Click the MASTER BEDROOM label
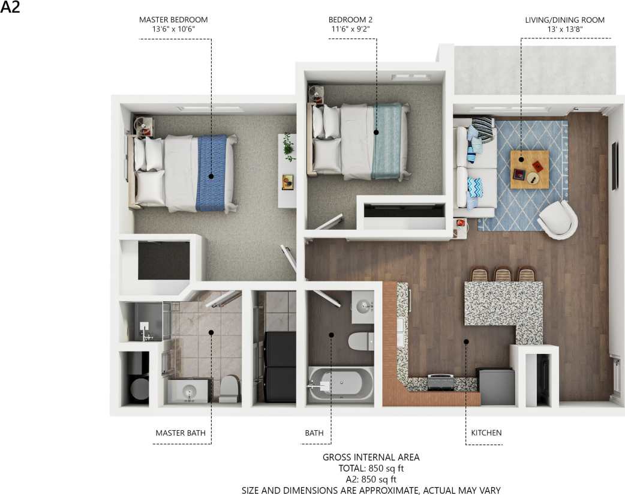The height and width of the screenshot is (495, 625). [x=173, y=20]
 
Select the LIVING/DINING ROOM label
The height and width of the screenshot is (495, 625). [x=564, y=20]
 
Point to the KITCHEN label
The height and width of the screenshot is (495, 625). [x=486, y=433]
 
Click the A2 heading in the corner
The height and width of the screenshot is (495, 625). [x=11, y=8]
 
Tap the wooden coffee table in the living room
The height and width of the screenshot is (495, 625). [x=529, y=169]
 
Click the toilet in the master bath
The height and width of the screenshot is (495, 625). [x=229, y=389]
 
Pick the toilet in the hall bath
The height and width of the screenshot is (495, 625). [x=361, y=340]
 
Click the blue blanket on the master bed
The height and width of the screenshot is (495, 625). [x=211, y=172]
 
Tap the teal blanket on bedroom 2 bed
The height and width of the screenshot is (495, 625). [x=386, y=140]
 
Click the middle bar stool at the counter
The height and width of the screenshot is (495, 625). [x=503, y=275]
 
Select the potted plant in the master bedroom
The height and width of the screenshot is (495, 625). [x=289, y=147]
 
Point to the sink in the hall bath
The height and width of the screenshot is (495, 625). [x=363, y=308]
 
